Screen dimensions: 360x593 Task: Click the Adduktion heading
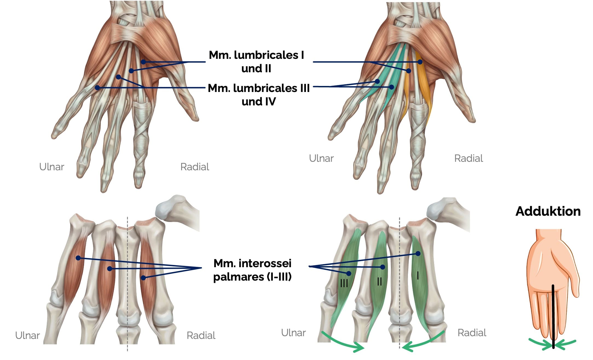(548, 211)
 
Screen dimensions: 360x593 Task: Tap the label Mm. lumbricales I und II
(256, 62)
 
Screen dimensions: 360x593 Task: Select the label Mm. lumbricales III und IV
(259, 95)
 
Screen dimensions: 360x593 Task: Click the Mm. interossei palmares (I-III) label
(252, 270)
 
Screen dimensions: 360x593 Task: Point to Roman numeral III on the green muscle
(344, 283)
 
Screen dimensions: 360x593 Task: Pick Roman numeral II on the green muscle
(379, 281)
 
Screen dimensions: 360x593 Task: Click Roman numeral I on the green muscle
(418, 275)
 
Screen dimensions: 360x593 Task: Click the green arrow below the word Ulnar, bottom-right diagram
(342, 342)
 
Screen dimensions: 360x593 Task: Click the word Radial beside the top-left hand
(195, 167)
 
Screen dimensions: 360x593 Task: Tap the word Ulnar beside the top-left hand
(51, 167)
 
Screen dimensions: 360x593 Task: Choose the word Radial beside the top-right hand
(468, 158)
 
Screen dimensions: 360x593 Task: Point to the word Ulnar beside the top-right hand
(321, 158)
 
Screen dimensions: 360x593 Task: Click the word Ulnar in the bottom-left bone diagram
(27, 335)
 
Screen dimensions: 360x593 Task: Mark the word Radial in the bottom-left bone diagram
(201, 335)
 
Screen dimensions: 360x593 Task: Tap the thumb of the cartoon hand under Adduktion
(575, 282)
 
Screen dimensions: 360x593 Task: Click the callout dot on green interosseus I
(418, 254)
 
